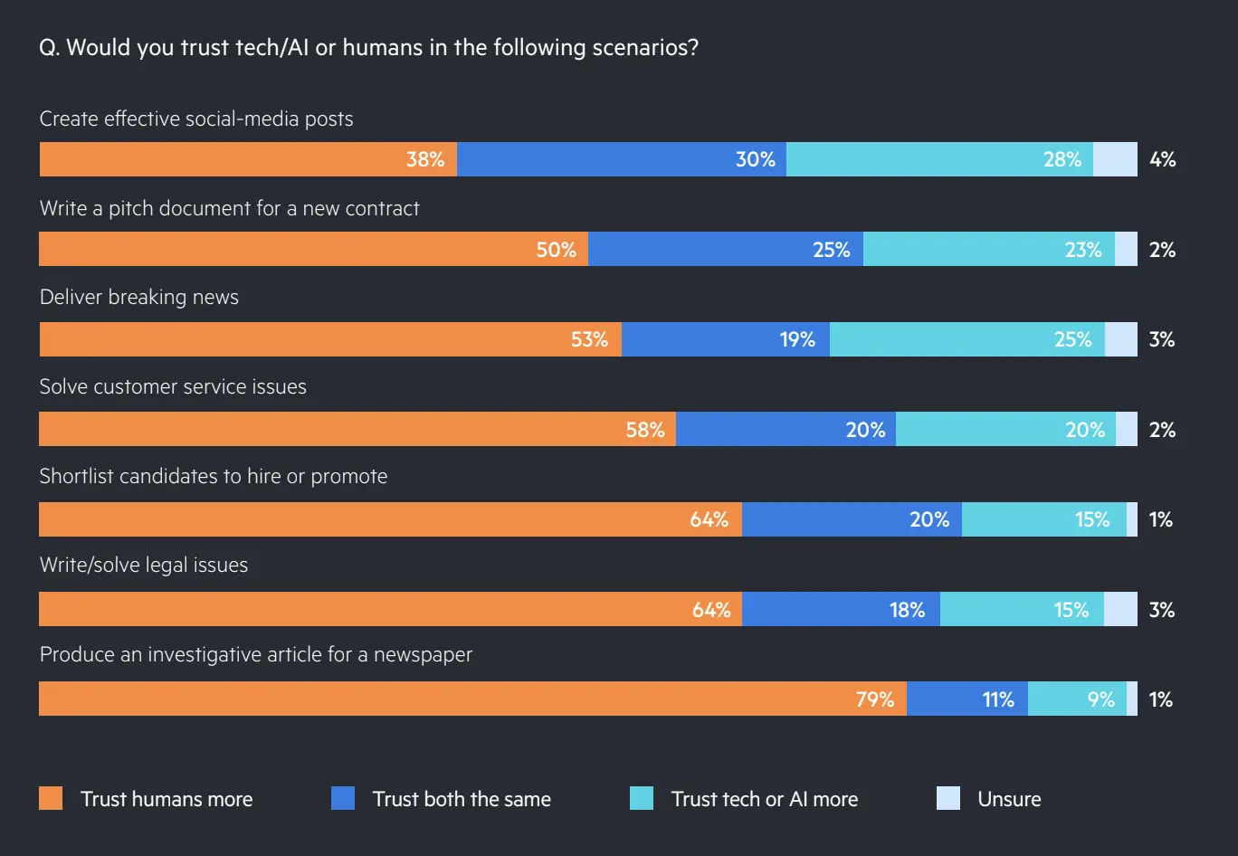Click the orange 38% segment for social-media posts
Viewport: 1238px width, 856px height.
click(x=248, y=159)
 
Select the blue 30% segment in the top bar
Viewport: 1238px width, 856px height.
click(x=622, y=159)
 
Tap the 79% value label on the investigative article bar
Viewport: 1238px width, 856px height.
click(x=875, y=699)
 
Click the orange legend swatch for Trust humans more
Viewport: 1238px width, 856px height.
click(x=51, y=798)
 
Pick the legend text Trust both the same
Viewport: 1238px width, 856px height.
click(x=462, y=799)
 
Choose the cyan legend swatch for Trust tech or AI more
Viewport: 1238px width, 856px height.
click(x=642, y=798)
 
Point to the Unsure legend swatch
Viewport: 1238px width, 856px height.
click(x=948, y=798)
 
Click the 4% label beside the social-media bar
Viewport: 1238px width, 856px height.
click(x=1162, y=159)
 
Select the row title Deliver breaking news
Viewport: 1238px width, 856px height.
click(x=139, y=297)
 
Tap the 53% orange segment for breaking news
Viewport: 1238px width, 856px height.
click(x=330, y=339)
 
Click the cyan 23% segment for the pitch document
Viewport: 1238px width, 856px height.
click(x=988, y=249)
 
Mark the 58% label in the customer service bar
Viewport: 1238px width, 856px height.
click(x=645, y=430)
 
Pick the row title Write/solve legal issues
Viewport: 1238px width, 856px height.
click(x=144, y=566)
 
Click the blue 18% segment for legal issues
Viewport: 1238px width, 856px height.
click(x=841, y=609)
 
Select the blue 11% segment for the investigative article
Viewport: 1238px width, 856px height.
click(x=967, y=699)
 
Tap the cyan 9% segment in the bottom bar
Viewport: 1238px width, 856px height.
click(x=1077, y=699)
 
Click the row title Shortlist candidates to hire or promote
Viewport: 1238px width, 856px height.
click(x=214, y=476)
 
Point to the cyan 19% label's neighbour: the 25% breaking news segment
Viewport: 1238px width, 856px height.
click(x=967, y=339)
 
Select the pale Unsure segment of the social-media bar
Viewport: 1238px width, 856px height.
click(x=1115, y=159)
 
